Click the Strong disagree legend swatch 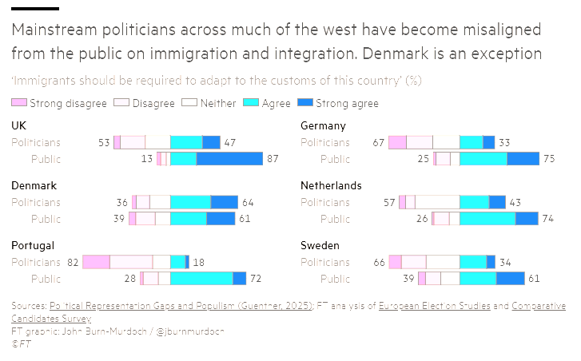(20, 103)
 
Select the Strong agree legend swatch (304, 103)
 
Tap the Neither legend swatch (189, 103)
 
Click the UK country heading (19, 126)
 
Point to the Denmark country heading (34, 186)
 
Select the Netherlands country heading (331, 186)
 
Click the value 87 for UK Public (273, 159)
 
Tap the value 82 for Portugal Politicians (73, 262)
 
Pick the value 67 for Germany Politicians (379, 142)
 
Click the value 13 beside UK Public (147, 159)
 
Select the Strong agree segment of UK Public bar (229, 159)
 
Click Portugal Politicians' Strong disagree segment (96, 262)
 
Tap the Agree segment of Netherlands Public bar (487, 219)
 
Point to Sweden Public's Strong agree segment (510, 279)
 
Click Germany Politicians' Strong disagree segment (397, 142)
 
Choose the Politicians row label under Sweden (324, 262)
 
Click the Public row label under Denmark (46, 219)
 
